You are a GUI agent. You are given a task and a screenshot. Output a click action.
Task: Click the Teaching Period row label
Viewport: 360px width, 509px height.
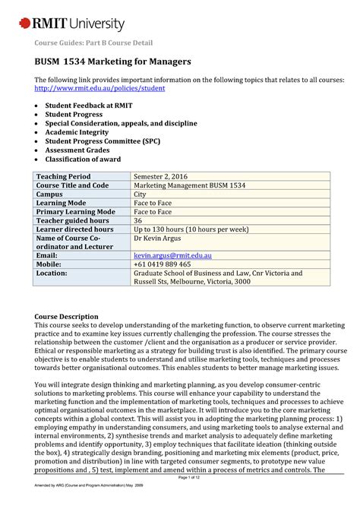(x=68, y=176)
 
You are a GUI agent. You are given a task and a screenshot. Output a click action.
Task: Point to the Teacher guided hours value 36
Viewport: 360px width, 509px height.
(x=138, y=220)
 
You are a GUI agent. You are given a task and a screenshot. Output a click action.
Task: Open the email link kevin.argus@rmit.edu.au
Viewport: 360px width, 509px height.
(x=178, y=257)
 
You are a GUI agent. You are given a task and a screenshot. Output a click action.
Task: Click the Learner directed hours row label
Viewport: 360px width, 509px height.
(x=75, y=229)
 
